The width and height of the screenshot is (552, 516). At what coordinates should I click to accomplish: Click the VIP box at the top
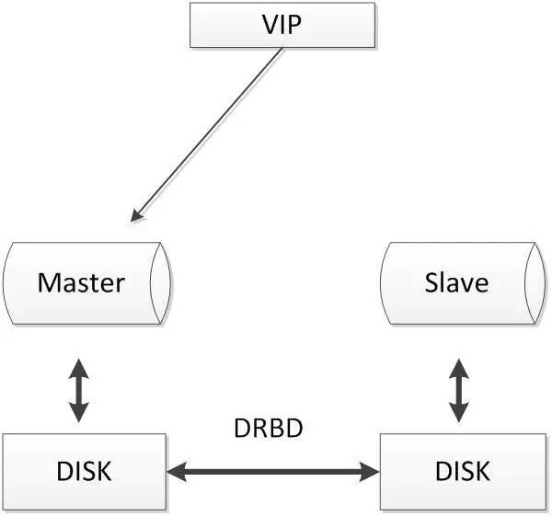click(282, 25)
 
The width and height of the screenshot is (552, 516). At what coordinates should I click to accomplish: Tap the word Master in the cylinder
click(81, 282)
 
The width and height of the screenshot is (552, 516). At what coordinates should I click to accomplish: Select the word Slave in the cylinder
click(456, 282)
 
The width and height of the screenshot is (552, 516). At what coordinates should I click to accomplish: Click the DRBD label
click(269, 428)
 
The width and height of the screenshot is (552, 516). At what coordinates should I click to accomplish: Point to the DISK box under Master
click(84, 471)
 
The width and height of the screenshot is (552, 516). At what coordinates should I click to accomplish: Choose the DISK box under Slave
click(463, 471)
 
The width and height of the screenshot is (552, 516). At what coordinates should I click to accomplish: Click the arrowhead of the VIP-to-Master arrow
click(136, 215)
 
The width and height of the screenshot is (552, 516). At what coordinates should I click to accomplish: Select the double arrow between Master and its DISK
click(78, 390)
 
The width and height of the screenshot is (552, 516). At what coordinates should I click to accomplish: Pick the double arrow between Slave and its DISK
click(459, 390)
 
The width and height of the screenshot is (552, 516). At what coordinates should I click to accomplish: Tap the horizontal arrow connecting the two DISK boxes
click(273, 472)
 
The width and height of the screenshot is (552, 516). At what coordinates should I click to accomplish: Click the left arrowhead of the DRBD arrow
click(176, 472)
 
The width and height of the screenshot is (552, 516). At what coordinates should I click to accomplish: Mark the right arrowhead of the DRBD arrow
click(370, 472)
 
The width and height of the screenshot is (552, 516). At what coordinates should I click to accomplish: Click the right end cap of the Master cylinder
click(161, 282)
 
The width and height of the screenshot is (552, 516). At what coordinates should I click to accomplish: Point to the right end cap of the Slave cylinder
click(535, 282)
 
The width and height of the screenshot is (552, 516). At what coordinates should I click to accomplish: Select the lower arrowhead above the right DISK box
click(459, 412)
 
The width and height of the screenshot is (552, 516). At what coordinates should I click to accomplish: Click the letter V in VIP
click(270, 25)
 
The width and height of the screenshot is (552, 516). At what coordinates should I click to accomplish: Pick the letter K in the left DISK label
click(103, 471)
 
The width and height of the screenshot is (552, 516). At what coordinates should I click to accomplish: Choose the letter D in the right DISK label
click(444, 471)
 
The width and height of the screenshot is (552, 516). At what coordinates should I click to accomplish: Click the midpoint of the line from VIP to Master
click(207, 135)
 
